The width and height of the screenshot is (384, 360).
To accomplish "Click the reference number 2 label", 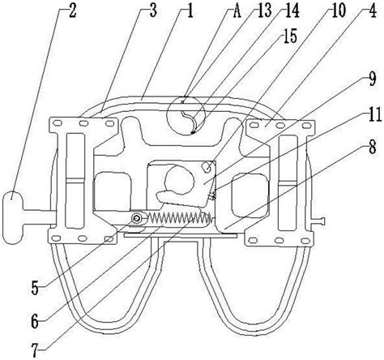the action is [72, 11].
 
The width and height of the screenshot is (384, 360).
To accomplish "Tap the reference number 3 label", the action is [153, 11].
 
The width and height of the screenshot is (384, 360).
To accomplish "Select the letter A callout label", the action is [237, 11].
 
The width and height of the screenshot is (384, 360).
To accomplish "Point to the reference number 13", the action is [264, 11].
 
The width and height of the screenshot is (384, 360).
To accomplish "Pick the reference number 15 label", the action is [290, 36].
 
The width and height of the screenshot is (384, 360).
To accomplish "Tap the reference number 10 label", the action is [338, 11].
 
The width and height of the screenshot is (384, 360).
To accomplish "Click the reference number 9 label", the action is [373, 79].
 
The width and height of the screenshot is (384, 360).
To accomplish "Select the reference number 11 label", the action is [373, 114].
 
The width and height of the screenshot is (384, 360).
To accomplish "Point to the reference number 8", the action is [373, 148].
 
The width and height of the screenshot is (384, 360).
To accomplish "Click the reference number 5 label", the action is [35, 289].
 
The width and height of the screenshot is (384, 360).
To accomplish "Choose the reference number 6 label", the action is [35, 322].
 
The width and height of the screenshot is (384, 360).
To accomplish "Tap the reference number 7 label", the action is [35, 350].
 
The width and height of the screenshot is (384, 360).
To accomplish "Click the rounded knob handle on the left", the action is [13, 217].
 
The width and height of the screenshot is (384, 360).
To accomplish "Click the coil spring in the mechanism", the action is [179, 217].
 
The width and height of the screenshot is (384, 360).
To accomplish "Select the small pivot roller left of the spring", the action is [137, 218].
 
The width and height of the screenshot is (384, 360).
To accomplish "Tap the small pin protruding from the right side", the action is [318, 221].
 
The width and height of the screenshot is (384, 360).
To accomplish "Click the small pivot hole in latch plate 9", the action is [207, 166].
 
